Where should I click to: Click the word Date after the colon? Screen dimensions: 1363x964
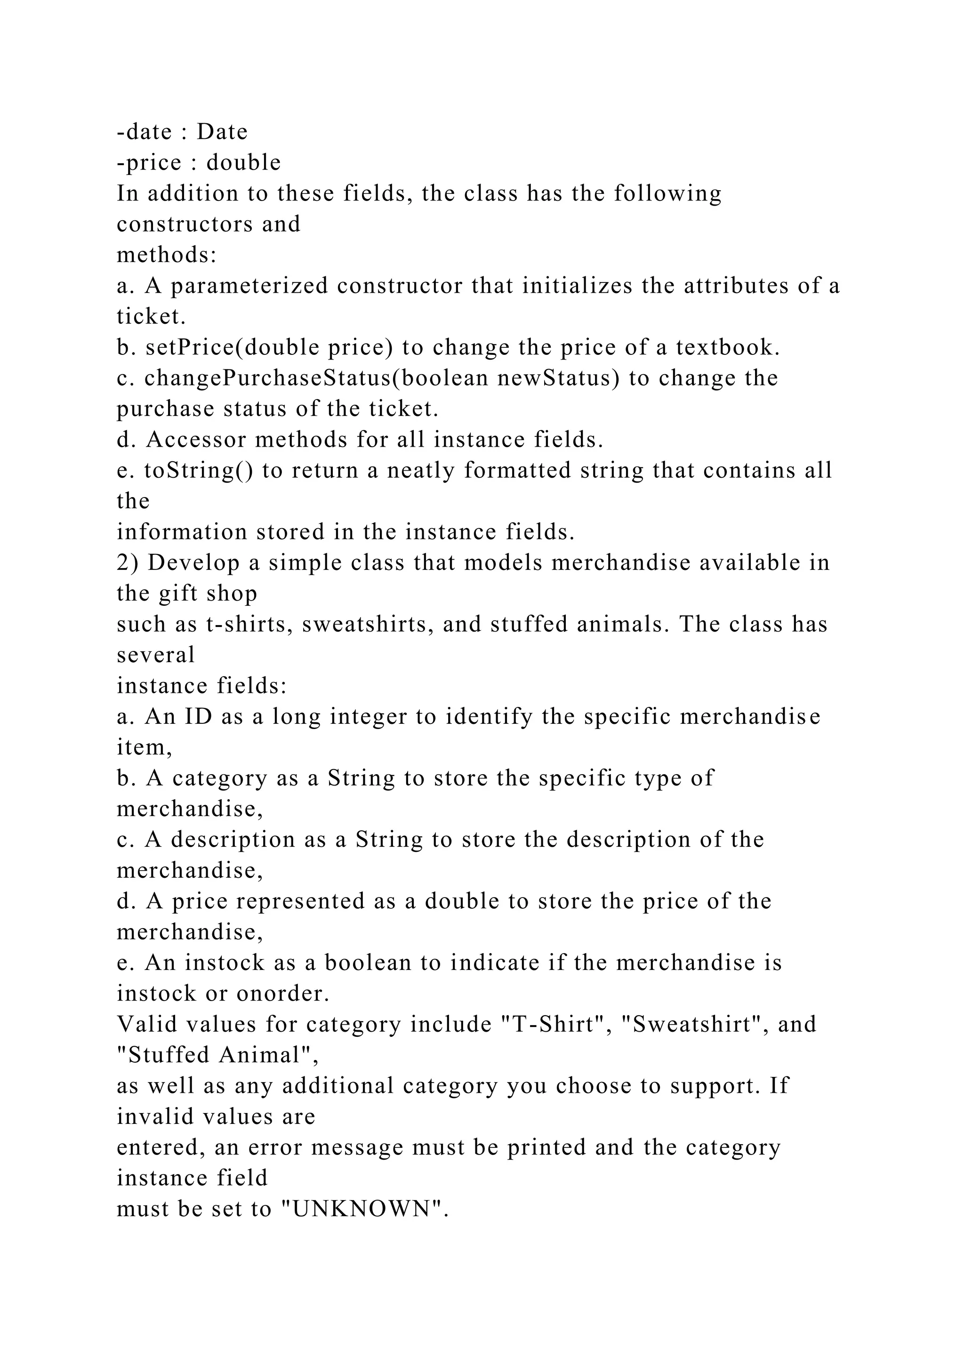coord(222,132)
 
